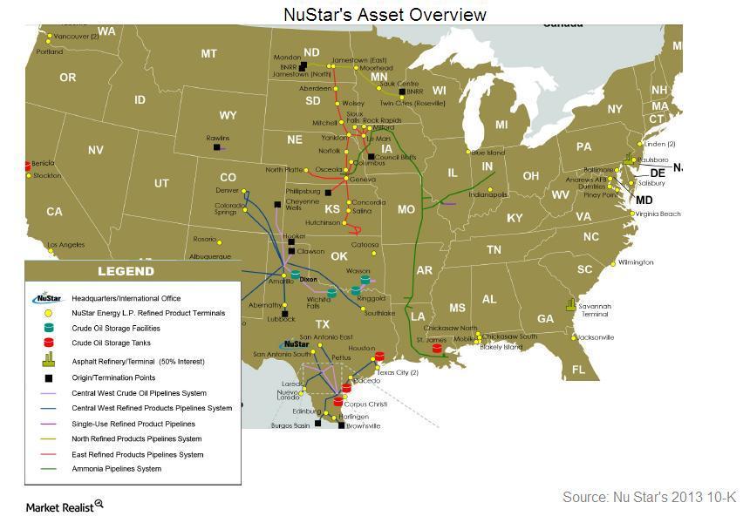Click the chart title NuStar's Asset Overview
click(385, 14)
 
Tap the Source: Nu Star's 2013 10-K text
click(649, 497)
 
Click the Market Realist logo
click(65, 506)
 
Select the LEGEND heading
click(126, 271)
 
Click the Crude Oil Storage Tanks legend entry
click(111, 343)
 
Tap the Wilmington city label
click(636, 262)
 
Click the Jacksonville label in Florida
click(594, 336)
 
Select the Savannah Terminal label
click(596, 309)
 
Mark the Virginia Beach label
click(658, 214)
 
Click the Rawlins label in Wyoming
click(218, 139)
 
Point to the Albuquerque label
click(210, 256)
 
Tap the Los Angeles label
click(66, 245)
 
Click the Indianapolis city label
click(487, 194)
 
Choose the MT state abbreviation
click(208, 54)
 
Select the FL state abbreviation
click(578, 370)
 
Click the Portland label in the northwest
click(50, 51)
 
